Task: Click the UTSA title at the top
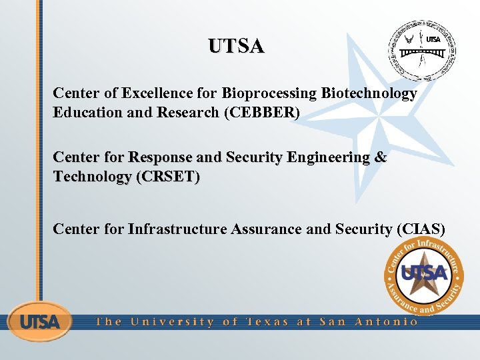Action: pyautogui.click(x=236, y=46)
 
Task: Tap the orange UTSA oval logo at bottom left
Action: pyautogui.click(x=39, y=322)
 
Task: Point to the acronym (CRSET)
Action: pyautogui.click(x=167, y=177)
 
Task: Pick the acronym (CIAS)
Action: pyautogui.click(x=420, y=229)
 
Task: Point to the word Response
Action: pyautogui.click(x=159, y=158)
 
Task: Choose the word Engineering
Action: pyautogui.click(x=327, y=158)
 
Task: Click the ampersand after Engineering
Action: pyautogui.click(x=381, y=158)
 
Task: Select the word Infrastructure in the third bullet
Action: pyautogui.click(x=177, y=229)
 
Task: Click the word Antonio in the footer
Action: pyautogui.click(x=387, y=322)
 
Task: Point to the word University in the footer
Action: pyautogui.click(x=173, y=322)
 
